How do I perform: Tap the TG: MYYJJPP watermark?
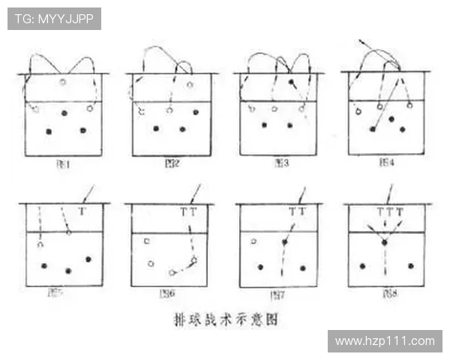54,19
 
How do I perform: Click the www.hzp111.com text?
384,341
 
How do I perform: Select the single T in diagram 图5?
82,212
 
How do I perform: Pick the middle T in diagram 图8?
389,212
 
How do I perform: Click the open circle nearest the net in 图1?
63,81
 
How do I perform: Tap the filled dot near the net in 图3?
291,81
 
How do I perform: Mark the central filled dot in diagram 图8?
384,242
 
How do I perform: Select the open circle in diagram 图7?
253,241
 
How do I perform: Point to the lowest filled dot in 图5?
68,271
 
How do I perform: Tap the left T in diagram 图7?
292,212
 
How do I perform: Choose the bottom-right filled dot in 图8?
410,265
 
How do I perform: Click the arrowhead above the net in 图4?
361,39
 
